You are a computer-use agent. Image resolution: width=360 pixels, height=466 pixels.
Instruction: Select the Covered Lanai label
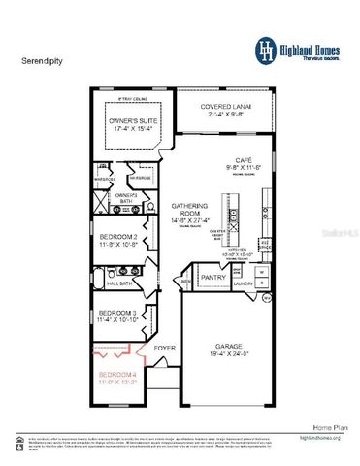[223, 107]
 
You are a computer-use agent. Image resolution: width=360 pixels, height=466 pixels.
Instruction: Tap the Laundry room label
[243, 283]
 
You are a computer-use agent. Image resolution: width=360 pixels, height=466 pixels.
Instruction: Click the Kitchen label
[237, 250]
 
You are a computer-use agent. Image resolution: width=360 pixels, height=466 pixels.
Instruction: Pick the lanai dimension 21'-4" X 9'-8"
[223, 115]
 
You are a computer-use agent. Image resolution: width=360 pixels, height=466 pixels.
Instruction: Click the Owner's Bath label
[130, 198]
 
